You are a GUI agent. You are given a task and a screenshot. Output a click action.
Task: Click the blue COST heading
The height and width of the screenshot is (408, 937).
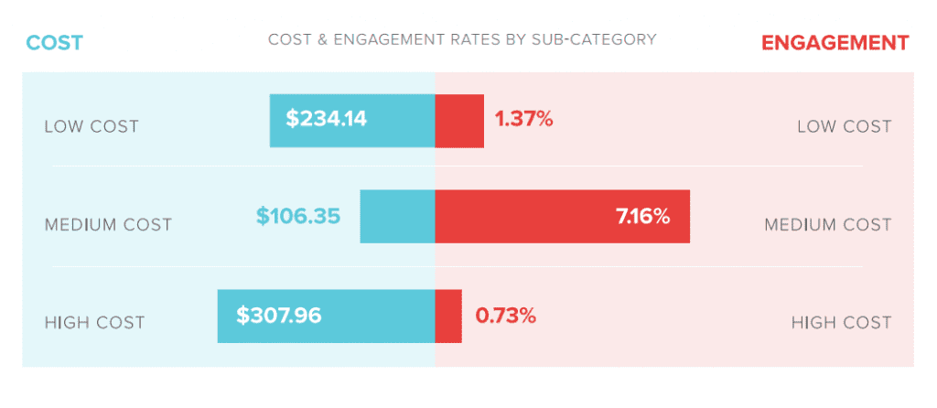pos(54,43)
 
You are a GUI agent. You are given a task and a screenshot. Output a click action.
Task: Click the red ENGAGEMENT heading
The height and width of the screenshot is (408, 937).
pos(835,43)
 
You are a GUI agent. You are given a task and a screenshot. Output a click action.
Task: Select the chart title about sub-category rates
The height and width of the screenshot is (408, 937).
pos(461,40)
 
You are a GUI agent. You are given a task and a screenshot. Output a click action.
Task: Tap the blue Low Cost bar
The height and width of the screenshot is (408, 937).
pos(403,120)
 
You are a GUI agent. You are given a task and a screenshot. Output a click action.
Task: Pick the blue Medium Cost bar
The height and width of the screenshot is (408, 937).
pos(397,217)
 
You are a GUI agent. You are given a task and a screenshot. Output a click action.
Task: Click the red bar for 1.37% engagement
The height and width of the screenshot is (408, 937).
pos(459,120)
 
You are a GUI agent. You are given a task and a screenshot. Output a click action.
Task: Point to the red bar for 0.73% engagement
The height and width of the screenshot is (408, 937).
pos(448,317)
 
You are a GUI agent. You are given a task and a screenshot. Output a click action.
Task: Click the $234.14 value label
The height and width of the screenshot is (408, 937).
pos(326,119)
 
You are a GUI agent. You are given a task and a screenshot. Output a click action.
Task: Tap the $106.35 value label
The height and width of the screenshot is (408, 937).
pos(298,217)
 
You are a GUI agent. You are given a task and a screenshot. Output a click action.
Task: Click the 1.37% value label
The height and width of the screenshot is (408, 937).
pos(523,119)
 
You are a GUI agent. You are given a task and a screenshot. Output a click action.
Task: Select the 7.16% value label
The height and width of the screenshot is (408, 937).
pos(643,217)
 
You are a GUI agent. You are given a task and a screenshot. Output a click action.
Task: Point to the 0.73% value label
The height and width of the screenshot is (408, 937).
pos(505,317)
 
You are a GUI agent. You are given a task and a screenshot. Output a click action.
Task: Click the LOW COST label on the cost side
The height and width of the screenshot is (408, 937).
pos(92,126)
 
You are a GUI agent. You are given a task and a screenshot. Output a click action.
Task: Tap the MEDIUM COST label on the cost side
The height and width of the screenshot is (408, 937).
pos(108,225)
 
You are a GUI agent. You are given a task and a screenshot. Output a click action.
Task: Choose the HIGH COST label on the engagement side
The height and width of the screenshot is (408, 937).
pos(841,323)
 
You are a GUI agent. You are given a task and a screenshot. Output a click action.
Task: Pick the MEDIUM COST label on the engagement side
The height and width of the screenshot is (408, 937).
pos(827,225)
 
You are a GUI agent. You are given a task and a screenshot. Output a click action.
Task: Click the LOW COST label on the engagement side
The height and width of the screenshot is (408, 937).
pos(844,126)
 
